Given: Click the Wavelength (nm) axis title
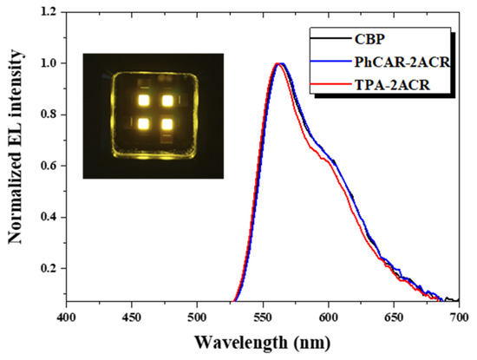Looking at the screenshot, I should [x=263, y=343].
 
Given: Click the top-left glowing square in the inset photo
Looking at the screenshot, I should [x=144, y=101].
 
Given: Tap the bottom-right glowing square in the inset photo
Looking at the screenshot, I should [x=167, y=124].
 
